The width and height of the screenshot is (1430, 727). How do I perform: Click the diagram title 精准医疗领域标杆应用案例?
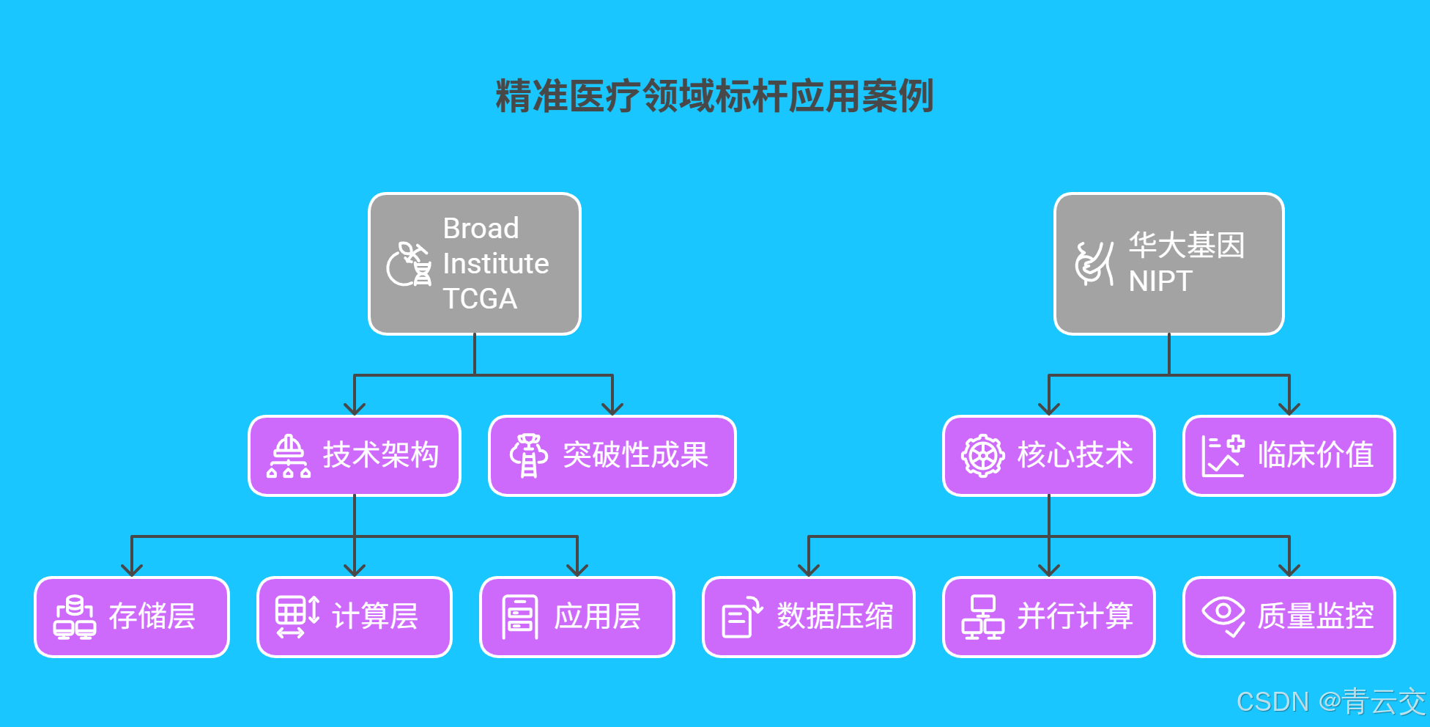coord(714,96)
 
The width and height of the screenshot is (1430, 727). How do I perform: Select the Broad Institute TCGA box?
coord(475,264)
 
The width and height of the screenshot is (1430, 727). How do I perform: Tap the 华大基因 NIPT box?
coord(1168,264)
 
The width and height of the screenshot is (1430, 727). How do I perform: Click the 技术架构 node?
coord(355,456)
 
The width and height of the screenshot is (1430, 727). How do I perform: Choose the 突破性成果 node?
coord(612,456)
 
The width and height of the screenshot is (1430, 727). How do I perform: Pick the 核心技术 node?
coord(1048,456)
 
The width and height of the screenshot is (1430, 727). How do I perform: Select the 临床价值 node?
coord(1289,456)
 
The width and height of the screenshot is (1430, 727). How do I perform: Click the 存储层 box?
coord(132,617)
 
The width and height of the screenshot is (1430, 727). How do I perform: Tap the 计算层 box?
coord(355,617)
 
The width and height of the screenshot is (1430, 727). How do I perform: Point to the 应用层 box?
coord(577,617)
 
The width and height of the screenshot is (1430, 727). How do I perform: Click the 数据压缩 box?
coord(808,617)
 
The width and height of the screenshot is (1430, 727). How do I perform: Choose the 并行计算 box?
coord(1048,617)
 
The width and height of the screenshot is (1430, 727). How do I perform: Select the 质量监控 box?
coord(1289,617)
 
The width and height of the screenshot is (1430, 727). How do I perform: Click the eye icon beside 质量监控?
coord(1223,616)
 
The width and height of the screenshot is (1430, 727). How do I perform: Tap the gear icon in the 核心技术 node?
coord(982,456)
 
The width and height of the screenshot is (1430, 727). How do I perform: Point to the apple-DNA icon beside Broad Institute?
coord(409,264)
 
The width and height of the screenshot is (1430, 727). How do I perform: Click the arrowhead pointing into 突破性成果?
coord(612,409)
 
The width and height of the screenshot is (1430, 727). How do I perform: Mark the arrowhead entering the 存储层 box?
coord(132,570)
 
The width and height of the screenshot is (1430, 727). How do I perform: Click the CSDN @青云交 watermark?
coord(1330,702)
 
